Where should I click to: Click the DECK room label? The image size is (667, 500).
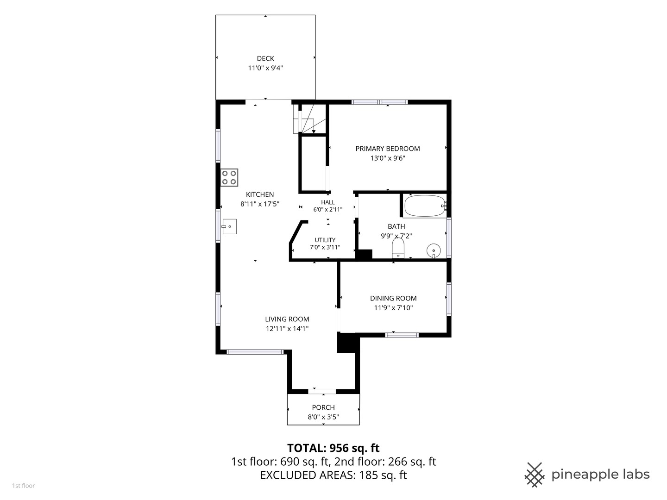(x=265, y=58)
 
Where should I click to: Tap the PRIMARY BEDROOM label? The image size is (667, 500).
(x=387, y=149)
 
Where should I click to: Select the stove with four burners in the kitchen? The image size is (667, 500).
(x=229, y=178)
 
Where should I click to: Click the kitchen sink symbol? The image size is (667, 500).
(x=229, y=226)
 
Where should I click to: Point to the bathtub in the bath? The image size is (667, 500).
(x=425, y=206)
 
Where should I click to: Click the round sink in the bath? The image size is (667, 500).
(x=434, y=251)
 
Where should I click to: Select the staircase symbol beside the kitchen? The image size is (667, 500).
(x=309, y=119)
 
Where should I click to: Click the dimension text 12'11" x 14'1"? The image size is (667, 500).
(x=287, y=329)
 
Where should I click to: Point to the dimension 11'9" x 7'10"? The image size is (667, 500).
(x=393, y=308)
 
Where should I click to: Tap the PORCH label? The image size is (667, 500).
(x=323, y=407)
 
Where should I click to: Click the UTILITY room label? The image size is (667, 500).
(x=325, y=240)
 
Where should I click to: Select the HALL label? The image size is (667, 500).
(x=328, y=202)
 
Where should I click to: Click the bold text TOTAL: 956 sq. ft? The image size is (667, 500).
(x=333, y=448)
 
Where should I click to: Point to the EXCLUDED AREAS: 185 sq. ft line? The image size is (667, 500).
(x=333, y=475)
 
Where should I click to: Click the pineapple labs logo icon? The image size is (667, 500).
(x=535, y=475)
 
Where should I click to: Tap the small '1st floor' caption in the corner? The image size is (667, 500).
(x=24, y=486)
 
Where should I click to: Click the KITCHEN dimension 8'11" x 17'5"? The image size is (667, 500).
(x=260, y=204)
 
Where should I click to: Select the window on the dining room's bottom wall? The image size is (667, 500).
(x=402, y=335)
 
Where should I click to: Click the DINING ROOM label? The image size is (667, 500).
(x=393, y=298)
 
